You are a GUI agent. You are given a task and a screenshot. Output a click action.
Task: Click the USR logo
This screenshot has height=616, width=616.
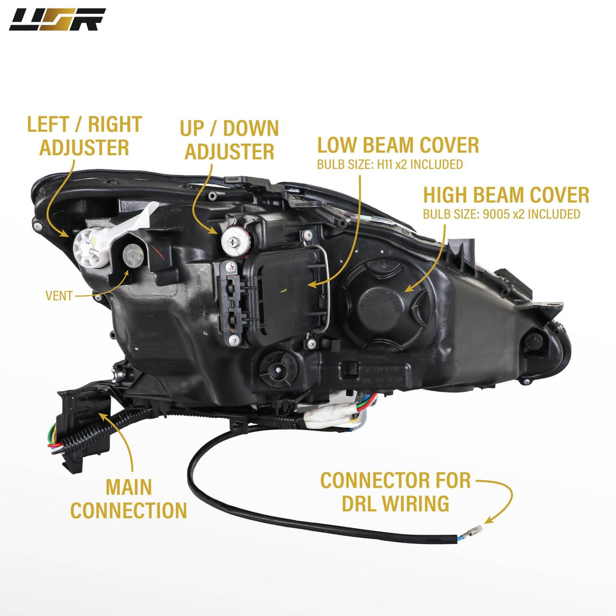point(57,19)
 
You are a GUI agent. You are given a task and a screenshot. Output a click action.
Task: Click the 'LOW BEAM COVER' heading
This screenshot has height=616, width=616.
point(398,145)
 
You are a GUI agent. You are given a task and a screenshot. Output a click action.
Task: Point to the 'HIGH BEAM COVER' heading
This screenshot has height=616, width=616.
point(506,195)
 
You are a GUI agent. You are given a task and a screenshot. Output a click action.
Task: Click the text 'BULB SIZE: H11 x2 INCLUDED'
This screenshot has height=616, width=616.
point(390,165)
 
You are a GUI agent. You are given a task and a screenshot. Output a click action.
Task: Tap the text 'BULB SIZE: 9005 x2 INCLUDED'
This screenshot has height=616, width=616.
point(501,214)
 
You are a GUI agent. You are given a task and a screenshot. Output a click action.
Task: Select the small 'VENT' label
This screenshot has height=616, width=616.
point(59,295)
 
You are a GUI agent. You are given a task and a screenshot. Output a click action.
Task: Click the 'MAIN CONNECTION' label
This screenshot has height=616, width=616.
point(128,499)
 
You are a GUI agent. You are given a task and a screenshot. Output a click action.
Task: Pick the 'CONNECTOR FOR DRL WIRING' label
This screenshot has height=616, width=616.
point(395,492)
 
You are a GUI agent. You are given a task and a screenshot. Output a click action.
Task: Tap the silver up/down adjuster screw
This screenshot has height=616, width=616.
point(234,242)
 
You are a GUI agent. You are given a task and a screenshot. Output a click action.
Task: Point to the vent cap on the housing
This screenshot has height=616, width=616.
point(133,252)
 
